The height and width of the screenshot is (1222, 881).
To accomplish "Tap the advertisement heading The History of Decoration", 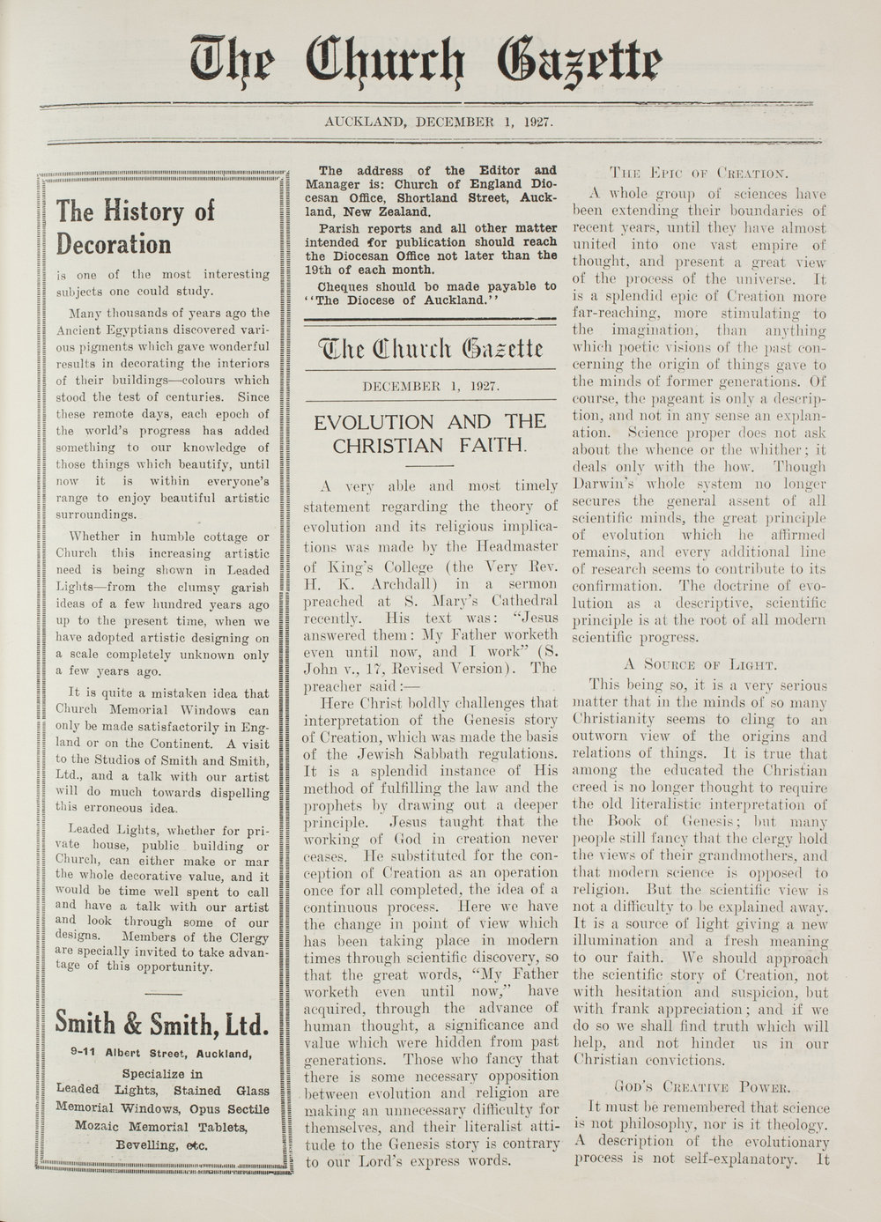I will click(135, 226).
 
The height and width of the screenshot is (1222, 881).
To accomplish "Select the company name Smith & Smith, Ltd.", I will click(160, 1024).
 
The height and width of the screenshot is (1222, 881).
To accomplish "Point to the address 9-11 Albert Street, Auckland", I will click(161, 1053).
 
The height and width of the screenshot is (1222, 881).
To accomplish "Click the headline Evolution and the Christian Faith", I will click(430, 433).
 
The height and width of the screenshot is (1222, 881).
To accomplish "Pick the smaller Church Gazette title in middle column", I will click(430, 347).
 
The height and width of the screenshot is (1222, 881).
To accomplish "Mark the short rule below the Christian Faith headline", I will click(429, 464).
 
